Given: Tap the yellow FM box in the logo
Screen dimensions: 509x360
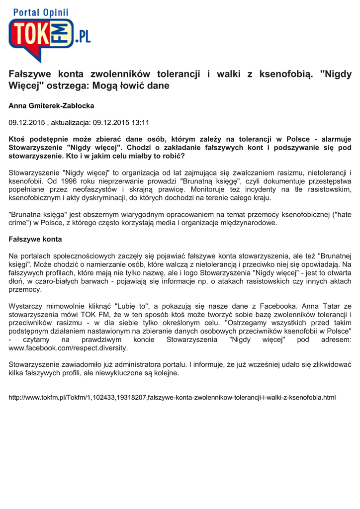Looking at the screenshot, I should (63, 34).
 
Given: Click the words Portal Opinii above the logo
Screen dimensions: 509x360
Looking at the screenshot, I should (41, 12).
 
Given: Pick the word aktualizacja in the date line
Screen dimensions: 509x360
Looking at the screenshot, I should (70, 122).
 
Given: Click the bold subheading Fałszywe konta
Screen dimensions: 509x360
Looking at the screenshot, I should (35, 239).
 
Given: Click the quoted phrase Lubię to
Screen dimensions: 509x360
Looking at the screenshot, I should (130, 306).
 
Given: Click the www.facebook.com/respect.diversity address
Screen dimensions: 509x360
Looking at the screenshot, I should (69, 348).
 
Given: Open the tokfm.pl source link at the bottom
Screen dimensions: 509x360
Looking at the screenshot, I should (173, 398).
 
